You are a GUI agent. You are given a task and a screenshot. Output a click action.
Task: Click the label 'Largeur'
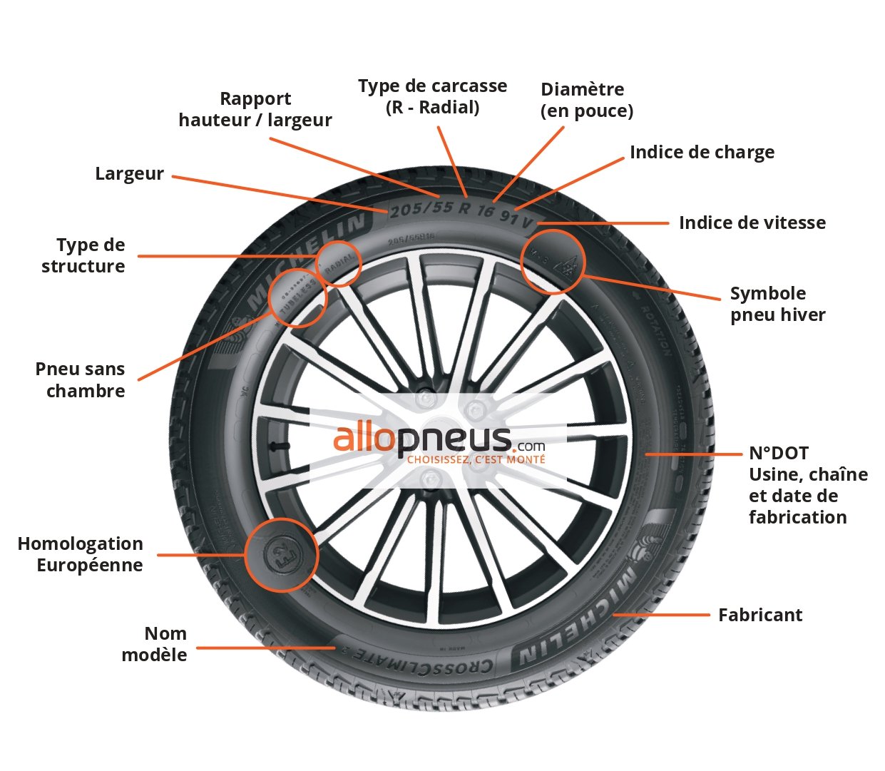point(129,174)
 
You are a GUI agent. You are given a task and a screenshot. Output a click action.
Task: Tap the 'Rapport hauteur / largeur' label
point(255,109)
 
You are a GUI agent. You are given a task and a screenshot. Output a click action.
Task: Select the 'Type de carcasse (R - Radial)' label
point(432,96)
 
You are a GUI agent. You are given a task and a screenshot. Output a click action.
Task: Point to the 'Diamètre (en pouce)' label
point(586,100)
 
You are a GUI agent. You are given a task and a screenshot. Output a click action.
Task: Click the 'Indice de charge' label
point(702,153)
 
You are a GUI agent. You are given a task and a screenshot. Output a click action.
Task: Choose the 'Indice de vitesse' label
point(752,223)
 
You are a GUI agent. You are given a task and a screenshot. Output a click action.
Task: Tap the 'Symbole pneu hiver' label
point(777,305)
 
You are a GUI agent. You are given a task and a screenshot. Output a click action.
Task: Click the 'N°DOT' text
point(778,454)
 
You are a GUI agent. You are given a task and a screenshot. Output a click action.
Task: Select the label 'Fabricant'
point(760,616)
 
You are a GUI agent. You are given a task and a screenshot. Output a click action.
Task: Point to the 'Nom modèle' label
point(155,644)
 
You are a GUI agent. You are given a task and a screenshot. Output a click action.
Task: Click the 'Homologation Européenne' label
point(81,554)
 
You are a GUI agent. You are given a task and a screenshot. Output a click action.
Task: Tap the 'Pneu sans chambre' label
point(81,379)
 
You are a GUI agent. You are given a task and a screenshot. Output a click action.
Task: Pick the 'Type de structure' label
point(83,255)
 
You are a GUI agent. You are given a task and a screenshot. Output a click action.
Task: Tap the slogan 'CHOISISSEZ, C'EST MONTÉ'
point(476,460)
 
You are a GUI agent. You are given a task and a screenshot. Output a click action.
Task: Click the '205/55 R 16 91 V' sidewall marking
point(462,212)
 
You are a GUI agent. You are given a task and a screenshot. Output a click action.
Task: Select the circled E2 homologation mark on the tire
point(282,554)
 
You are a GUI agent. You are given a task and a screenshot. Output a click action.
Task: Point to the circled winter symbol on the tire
point(553,262)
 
